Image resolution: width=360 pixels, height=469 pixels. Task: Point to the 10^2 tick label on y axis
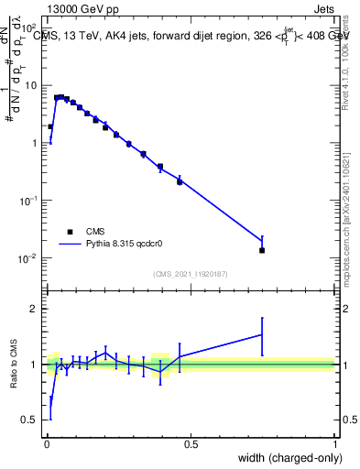pyautogui.click(x=28, y=27)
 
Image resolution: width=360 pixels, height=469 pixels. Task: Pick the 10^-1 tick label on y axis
pyautogui.click(x=28, y=200)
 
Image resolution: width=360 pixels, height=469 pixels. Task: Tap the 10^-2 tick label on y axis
pyautogui.click(x=28, y=257)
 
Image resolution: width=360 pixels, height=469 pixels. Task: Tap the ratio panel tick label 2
pyautogui.click(x=34, y=309)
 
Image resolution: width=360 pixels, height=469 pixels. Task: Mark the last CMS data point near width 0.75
pyautogui.click(x=262, y=250)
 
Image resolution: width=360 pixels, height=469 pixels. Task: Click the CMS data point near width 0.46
pyautogui.click(x=180, y=181)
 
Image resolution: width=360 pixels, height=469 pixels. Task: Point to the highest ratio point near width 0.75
pyautogui.click(x=262, y=334)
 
